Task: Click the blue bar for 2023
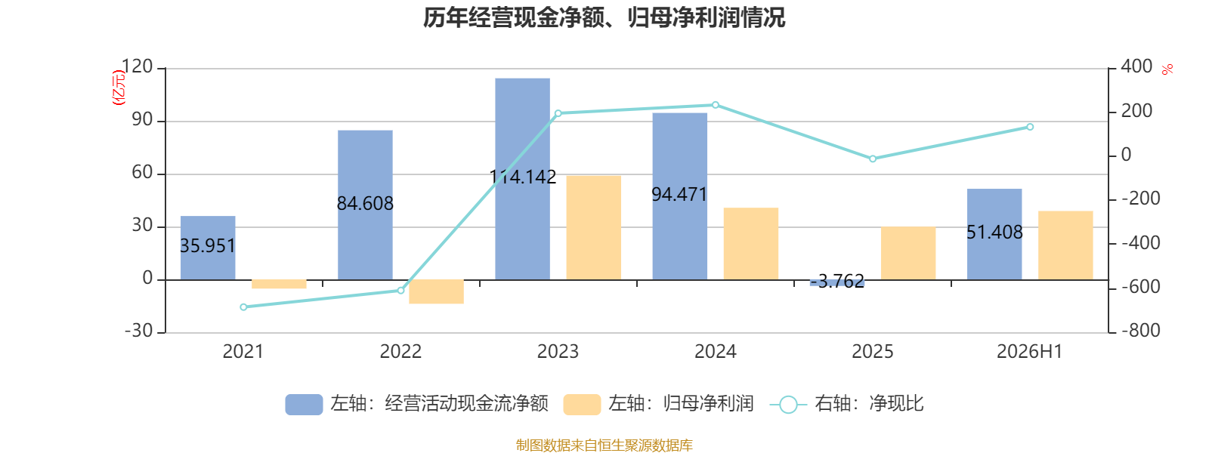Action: point(522,179)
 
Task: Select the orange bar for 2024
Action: point(751,244)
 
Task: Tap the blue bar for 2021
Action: point(208,248)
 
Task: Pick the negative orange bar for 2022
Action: point(436,291)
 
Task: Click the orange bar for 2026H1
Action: point(1065,245)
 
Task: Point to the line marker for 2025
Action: point(873,159)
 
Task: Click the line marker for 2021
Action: point(243,307)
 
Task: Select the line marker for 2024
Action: point(715,105)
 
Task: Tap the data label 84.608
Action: point(365,203)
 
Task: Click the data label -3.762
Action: point(837,281)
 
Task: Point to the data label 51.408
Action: point(994,232)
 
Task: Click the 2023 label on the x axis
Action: point(558,352)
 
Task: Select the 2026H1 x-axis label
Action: point(1029,352)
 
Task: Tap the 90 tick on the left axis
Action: point(143,119)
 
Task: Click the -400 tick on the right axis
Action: point(1141,243)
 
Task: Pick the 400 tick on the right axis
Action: point(1136,66)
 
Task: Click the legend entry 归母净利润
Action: point(658,404)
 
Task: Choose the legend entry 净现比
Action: point(846,404)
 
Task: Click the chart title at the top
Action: point(604,18)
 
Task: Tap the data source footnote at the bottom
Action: point(604,445)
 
